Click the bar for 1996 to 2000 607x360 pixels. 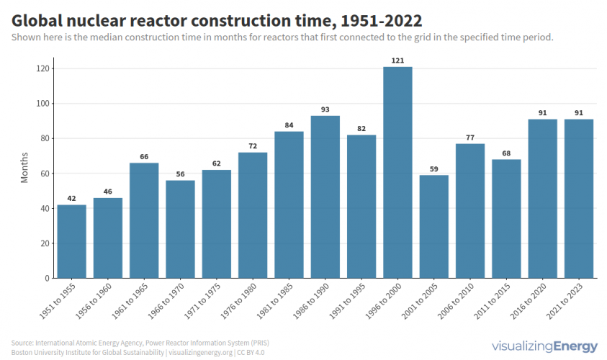[x=397, y=172]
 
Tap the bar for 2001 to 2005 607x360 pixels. [x=433, y=226]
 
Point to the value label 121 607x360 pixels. [x=397, y=60]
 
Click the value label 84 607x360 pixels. [x=289, y=125]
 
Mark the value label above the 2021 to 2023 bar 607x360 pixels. [x=578, y=113]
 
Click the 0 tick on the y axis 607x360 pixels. [x=48, y=278]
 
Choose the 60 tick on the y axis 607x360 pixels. [x=45, y=174]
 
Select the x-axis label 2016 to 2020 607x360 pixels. [x=529, y=300]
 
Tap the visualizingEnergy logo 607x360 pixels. [x=544, y=346]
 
